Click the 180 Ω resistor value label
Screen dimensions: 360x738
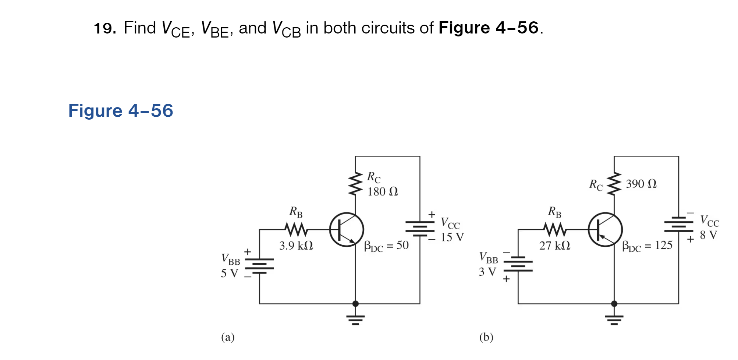pos(383,191)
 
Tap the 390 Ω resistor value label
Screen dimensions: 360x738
pos(641,184)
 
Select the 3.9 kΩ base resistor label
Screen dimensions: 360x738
pos(296,246)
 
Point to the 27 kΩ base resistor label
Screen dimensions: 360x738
pos(554,246)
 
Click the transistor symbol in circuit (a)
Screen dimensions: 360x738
pos(347,230)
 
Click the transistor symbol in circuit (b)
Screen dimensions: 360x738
pos(605,230)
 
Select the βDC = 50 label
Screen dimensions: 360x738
pos(386,246)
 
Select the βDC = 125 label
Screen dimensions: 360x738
pos(647,246)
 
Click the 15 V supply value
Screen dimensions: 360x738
pos(452,237)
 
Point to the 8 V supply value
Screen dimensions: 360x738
pos(708,235)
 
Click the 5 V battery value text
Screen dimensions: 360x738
pos(230,273)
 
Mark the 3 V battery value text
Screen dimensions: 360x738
pos(487,272)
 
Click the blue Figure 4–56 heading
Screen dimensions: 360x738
pos(121,111)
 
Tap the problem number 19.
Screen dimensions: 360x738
pos(105,28)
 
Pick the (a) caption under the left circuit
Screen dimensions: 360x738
pos(228,337)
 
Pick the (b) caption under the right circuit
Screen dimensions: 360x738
pos(486,337)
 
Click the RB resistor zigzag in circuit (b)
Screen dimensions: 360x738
pos(555,230)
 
